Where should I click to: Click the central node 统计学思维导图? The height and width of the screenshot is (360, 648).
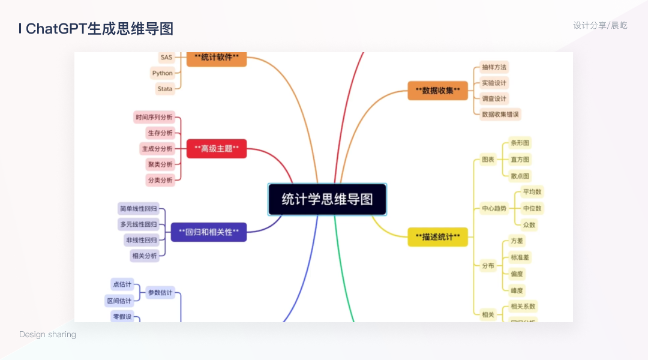point(327,199)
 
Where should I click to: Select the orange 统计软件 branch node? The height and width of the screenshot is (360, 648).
point(217,58)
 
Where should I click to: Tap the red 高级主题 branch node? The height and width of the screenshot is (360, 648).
point(217,148)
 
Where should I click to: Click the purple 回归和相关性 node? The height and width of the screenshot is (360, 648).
point(209,232)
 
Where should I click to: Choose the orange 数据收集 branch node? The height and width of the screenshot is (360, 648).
point(437,91)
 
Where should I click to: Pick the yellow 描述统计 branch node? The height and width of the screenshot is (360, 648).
point(437,237)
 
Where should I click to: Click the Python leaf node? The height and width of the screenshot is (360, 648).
point(162,73)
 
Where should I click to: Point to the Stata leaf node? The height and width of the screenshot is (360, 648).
point(165,89)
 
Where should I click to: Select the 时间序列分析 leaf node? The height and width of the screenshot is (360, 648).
point(154,117)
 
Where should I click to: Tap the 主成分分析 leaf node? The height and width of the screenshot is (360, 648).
point(157,148)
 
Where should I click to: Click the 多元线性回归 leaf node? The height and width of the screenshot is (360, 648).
point(139,224)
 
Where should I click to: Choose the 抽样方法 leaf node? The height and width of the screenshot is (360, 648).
point(494,67)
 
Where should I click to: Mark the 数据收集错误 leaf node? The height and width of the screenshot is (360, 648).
point(500,114)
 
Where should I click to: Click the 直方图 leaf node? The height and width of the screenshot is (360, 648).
point(520,160)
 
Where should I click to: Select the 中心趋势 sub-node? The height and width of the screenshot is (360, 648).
point(494,209)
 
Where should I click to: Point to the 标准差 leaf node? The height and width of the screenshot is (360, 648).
point(520,257)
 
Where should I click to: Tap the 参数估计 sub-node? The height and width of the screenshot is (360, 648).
point(160,293)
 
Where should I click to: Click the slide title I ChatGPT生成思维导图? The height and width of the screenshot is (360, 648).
point(95,29)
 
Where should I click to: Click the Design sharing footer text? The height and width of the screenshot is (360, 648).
point(47,334)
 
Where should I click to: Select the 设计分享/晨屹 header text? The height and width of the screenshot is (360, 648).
point(600,25)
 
